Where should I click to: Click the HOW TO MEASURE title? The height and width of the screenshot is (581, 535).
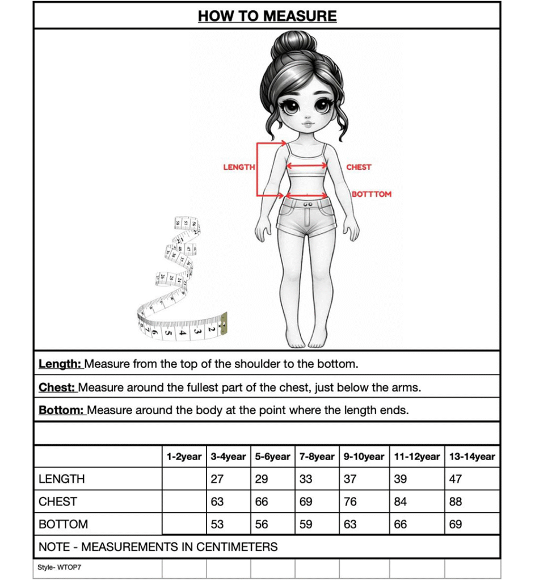click(267, 16)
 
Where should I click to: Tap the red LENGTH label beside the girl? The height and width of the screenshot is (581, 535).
click(239, 167)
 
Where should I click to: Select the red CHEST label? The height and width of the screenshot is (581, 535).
click(359, 167)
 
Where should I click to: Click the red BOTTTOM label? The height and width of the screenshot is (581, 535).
click(372, 194)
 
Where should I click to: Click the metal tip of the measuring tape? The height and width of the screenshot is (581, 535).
click(224, 322)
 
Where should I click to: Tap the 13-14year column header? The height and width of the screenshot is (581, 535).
click(472, 456)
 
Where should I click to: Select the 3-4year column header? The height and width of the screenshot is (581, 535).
click(228, 456)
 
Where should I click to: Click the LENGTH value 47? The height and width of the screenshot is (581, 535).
click(456, 479)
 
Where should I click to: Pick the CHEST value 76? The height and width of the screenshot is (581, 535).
click(351, 502)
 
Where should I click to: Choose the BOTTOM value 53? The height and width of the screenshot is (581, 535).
click(217, 524)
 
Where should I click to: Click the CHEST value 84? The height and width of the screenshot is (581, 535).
click(401, 502)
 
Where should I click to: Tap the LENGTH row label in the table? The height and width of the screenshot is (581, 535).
click(62, 479)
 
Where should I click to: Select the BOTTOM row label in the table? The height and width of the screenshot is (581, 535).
click(64, 524)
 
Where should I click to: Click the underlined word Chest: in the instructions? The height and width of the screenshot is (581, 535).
click(57, 388)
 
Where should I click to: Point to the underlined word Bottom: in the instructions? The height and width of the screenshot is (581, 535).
click(61, 410)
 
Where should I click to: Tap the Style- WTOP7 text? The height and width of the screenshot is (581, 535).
click(60, 567)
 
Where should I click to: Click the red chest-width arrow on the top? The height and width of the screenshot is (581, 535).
click(306, 166)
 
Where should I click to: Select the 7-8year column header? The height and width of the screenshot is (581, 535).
click(317, 456)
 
